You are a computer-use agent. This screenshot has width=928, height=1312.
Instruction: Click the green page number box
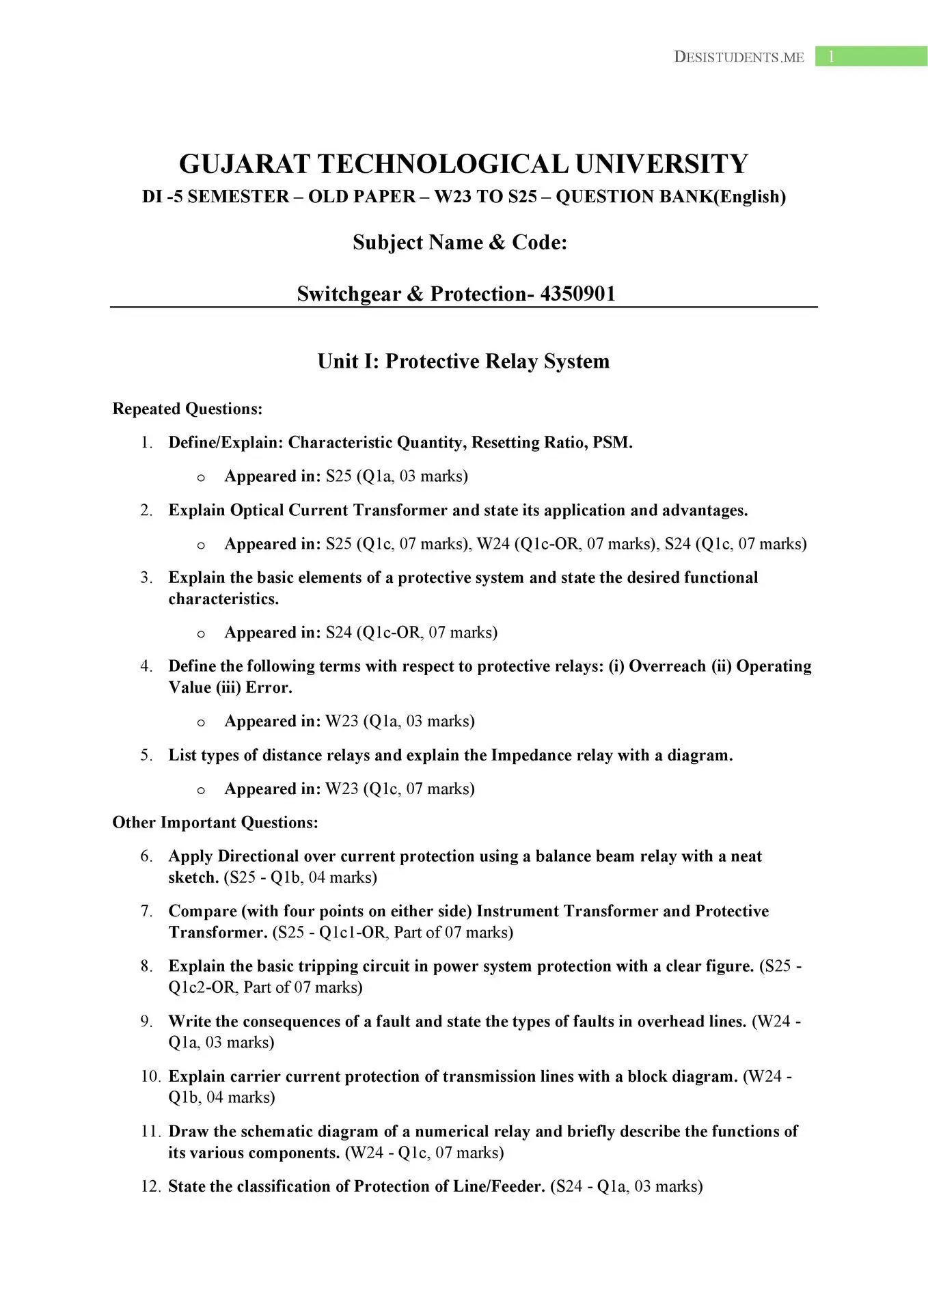pos(871,57)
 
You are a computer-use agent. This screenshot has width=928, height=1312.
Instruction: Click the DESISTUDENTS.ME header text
pos(739,57)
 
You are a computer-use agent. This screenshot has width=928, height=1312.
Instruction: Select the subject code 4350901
pos(577,294)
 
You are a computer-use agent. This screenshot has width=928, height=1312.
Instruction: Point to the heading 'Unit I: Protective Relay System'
pos(463,361)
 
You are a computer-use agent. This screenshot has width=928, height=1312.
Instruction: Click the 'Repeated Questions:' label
pos(187,409)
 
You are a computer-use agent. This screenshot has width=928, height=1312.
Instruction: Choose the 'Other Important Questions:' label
pos(215,822)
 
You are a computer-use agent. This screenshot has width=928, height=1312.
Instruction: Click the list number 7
pos(146,911)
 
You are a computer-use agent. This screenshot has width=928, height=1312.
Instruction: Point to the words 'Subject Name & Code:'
pos(460,243)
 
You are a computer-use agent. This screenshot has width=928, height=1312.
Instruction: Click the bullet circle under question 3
pos(201,633)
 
